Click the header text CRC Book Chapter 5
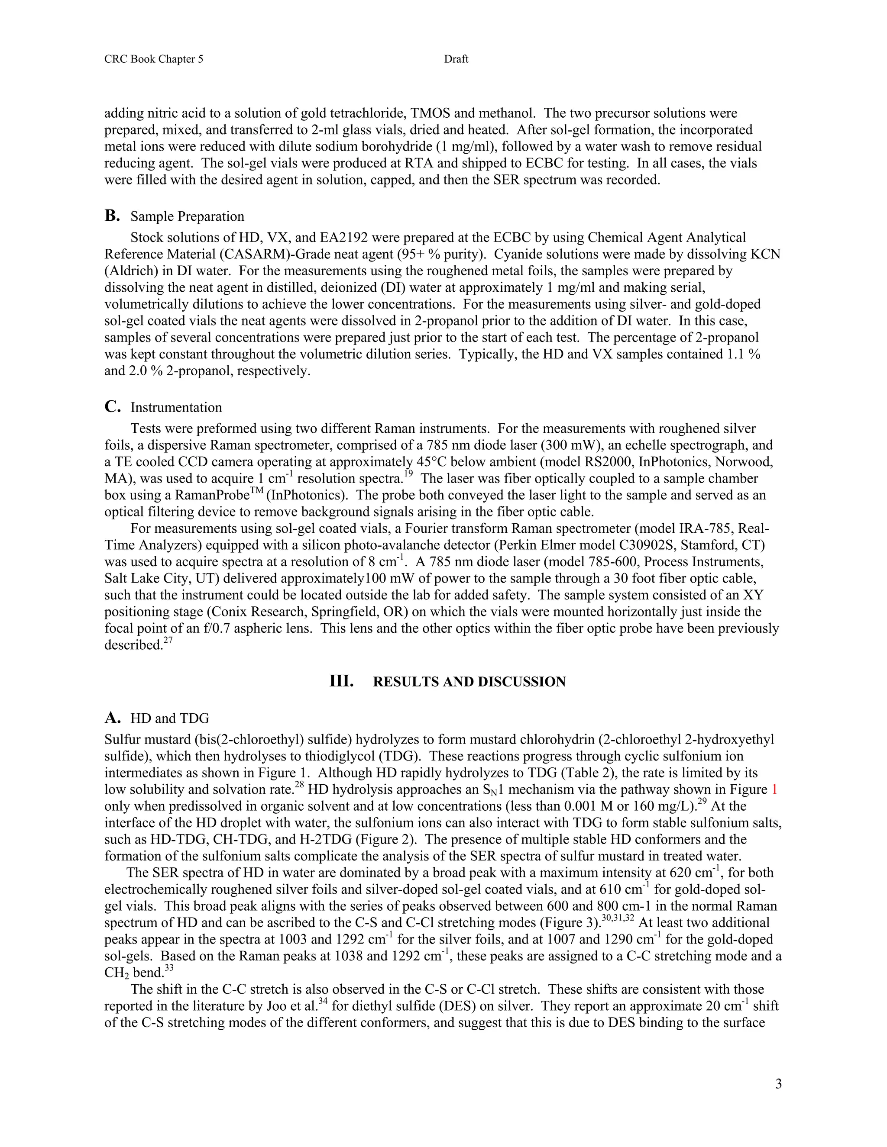tap(153, 59)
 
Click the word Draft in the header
tap(456, 59)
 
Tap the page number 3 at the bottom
tap(778, 1084)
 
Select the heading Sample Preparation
tap(187, 216)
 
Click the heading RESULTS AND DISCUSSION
tap(469, 682)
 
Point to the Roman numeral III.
tap(341, 682)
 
